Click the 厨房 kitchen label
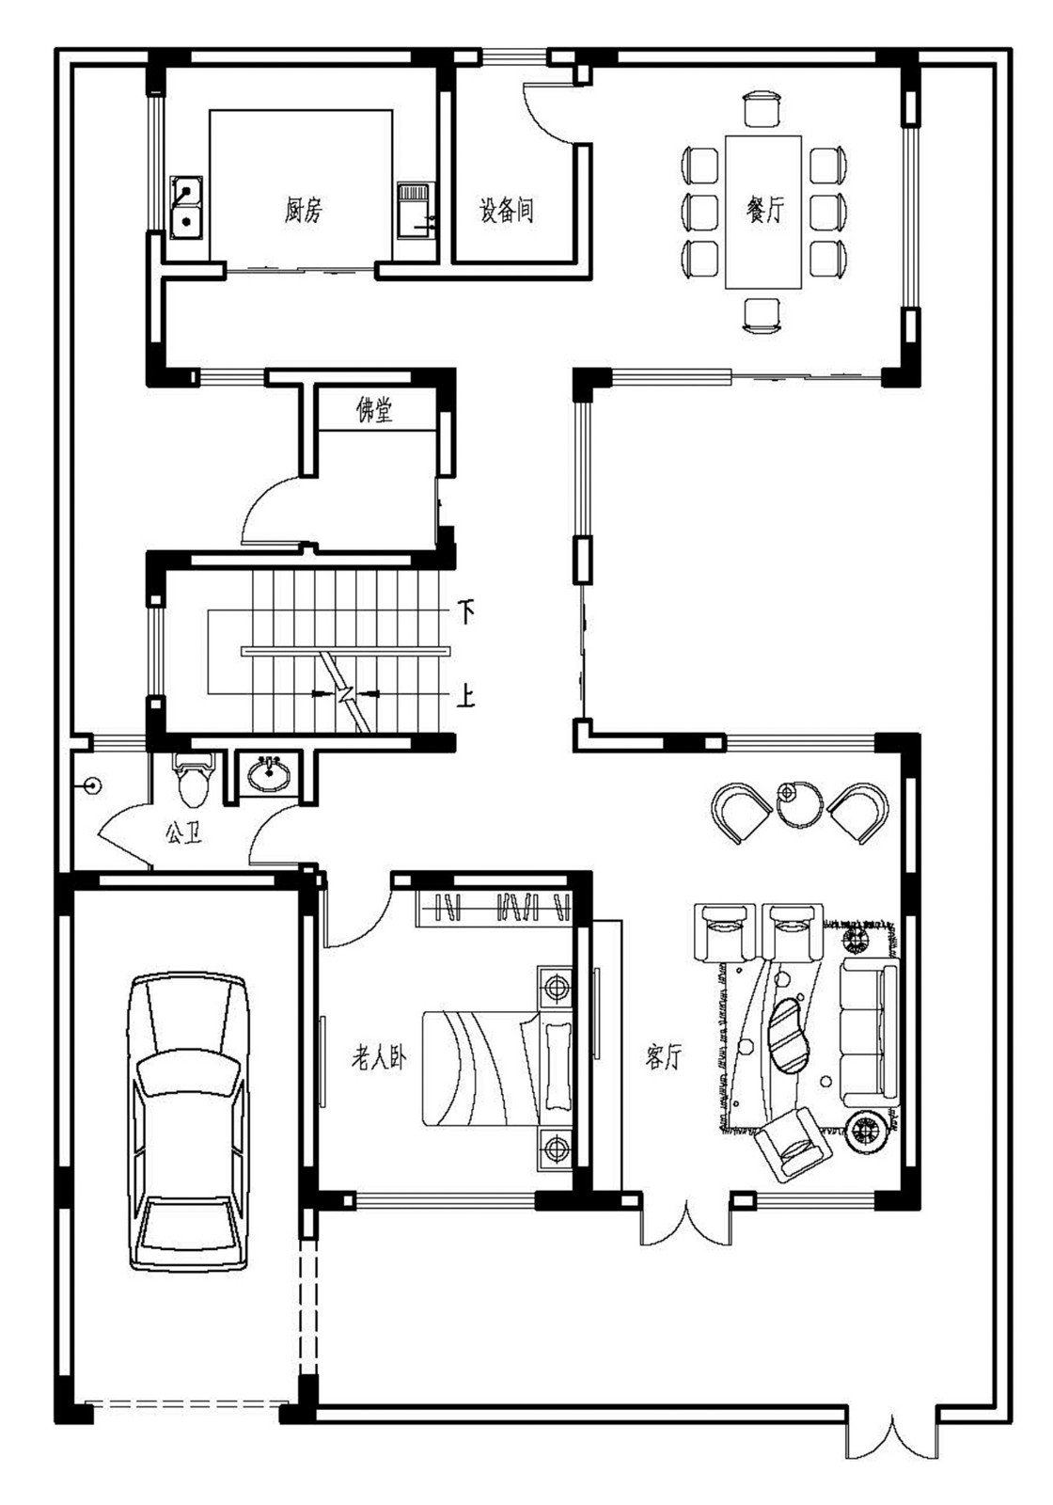(x=303, y=210)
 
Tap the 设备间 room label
(x=507, y=209)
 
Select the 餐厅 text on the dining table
(x=764, y=209)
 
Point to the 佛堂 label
(x=374, y=409)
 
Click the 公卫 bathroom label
(x=183, y=833)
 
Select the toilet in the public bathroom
(x=194, y=780)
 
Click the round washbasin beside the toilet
(x=270, y=775)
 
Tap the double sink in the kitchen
(x=187, y=207)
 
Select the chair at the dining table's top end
(x=762, y=107)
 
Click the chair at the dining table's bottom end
(x=762, y=314)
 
